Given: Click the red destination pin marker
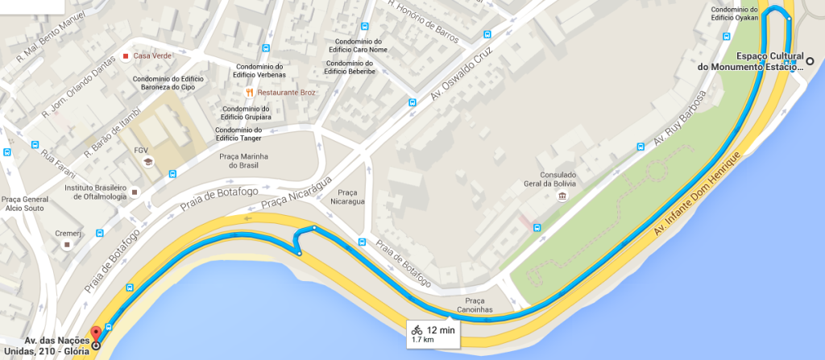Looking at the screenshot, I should pos(96,334).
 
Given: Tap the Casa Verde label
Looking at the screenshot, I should pos(150,56).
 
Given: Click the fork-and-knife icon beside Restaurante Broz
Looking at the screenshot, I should pos(251,93).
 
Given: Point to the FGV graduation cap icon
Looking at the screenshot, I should pos(147,163).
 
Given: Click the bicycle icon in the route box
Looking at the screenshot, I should pos(417,329).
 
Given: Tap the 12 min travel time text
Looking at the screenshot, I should pos(441,329).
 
